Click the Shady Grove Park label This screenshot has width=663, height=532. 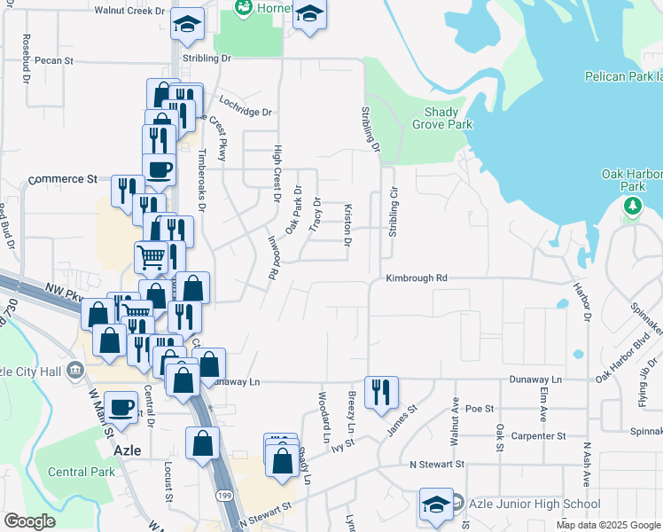tap(435, 118)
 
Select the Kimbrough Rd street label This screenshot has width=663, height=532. tap(417, 278)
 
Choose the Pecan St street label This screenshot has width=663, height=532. tap(53, 60)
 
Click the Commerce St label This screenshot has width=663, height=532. tap(62, 179)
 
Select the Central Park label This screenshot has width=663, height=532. tap(82, 472)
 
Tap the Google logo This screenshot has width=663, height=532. tap(29, 521)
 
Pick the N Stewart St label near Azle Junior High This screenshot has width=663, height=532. tap(437, 464)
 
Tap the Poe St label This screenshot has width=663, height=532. tap(479, 409)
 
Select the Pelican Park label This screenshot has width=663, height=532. tap(622, 77)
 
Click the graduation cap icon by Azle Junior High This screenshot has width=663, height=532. tap(436, 504)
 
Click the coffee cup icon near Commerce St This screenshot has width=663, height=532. tap(160, 168)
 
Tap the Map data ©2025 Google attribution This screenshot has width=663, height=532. tap(609, 525)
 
